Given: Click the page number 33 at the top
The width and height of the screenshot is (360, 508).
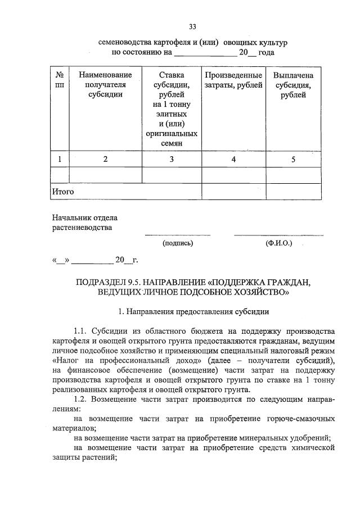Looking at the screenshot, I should [x=192, y=27].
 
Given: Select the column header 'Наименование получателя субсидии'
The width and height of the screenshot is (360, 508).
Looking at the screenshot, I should [x=105, y=84].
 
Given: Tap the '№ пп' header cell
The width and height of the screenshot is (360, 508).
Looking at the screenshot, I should [x=60, y=79].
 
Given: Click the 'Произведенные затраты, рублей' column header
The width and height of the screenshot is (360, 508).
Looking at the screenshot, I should [x=233, y=80].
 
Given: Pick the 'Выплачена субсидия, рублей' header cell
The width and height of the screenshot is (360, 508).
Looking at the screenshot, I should [x=293, y=84].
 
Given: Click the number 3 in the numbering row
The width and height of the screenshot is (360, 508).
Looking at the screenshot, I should [x=172, y=160].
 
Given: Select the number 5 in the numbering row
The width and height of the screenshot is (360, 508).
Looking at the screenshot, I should [x=293, y=160].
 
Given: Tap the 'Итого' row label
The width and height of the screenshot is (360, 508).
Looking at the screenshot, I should [x=63, y=192].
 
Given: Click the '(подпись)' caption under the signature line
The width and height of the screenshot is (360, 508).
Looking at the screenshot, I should [x=178, y=243].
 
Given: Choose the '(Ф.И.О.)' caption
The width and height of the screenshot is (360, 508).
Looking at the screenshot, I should [x=278, y=243].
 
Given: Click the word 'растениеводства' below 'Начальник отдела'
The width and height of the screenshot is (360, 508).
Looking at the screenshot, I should [x=82, y=228].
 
